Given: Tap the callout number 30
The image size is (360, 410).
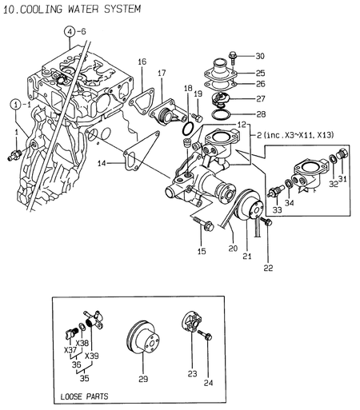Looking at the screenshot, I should [259, 56].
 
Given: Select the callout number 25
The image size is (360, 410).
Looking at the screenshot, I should [259, 73].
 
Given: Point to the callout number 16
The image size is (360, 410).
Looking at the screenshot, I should [142, 62].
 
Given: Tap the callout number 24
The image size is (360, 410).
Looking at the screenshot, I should [208, 383].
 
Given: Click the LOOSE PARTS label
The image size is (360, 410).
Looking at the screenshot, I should [84, 396].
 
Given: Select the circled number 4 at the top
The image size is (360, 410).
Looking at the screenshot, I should [70, 32].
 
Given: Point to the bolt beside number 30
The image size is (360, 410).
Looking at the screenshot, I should [233, 56].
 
